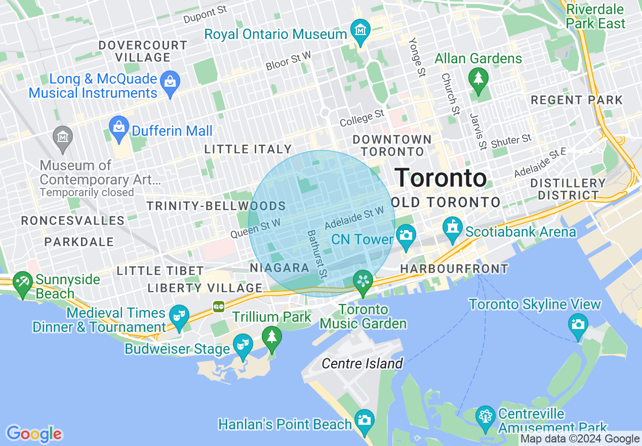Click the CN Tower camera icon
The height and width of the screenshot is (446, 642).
pos(406,235)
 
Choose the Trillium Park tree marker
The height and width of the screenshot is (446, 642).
pos(272,337)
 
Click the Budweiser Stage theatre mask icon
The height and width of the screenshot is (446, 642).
pos(243,345)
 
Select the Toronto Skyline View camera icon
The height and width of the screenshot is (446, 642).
pos(578,323)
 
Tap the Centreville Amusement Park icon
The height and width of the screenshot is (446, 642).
pos(486,416)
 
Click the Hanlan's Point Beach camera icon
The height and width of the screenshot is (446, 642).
pos(364,420)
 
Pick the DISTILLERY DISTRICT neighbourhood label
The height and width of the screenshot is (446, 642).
pos(568,189)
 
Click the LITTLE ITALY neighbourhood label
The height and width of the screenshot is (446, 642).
pos(248,149)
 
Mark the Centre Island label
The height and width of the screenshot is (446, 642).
pos(362,363)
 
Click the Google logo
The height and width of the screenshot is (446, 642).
pos(34,434)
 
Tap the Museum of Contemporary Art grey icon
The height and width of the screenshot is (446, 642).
pos(63,137)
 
